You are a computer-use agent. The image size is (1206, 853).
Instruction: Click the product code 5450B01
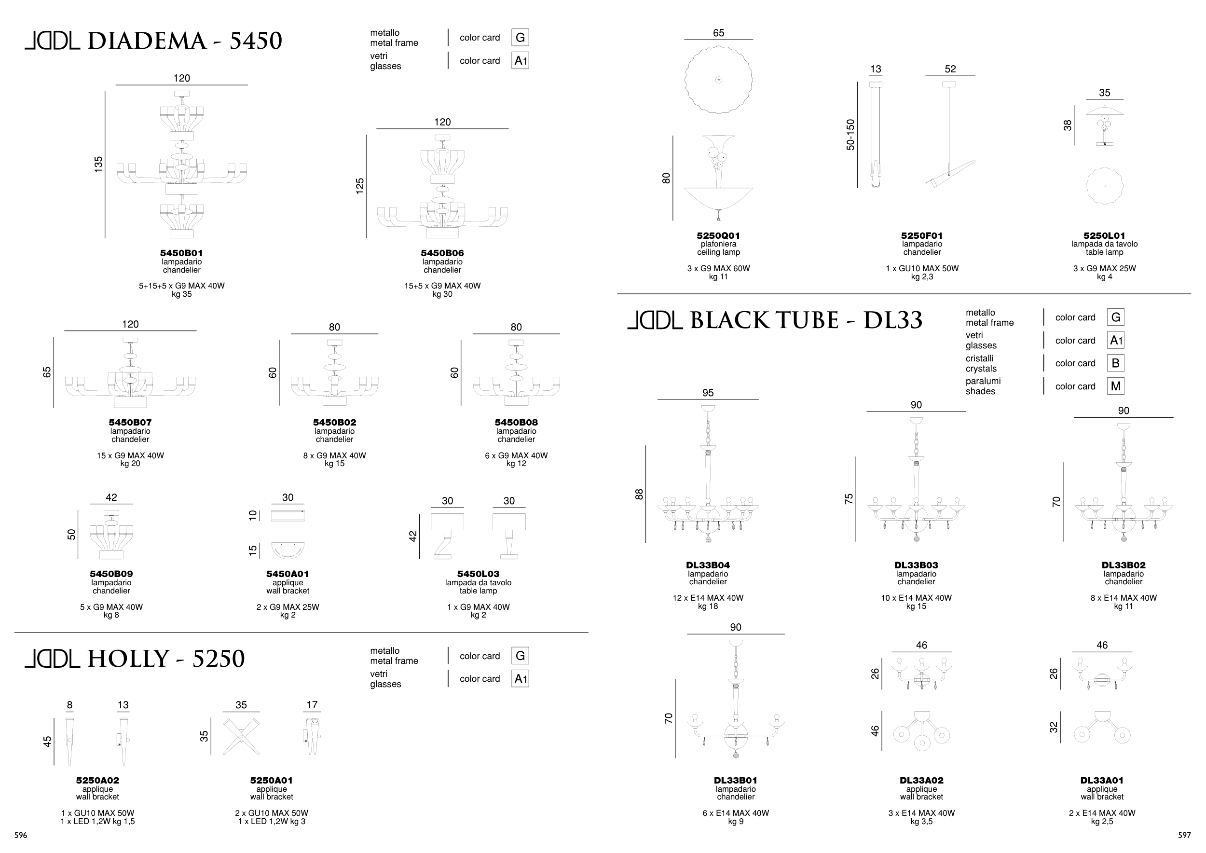pyautogui.click(x=182, y=253)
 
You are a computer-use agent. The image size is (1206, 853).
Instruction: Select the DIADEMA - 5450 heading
pyautogui.click(x=184, y=41)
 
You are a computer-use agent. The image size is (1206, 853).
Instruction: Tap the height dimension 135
pyautogui.click(x=98, y=165)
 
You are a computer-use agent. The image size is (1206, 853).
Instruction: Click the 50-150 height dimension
pyautogui.click(x=850, y=135)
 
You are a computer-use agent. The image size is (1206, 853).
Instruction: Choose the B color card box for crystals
pyautogui.click(x=1116, y=363)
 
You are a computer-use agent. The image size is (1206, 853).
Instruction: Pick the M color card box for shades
pyautogui.click(x=1116, y=386)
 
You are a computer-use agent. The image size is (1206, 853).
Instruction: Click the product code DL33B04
pyautogui.click(x=708, y=565)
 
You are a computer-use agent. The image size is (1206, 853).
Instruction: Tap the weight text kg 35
pyautogui.click(x=182, y=294)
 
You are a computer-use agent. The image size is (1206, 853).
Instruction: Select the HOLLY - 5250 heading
pyautogui.click(x=166, y=659)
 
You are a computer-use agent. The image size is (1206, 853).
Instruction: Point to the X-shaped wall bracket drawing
pyautogui.click(x=241, y=737)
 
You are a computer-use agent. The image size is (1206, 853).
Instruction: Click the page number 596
pyautogui.click(x=20, y=835)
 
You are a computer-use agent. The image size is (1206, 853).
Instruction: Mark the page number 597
pyautogui.click(x=1184, y=835)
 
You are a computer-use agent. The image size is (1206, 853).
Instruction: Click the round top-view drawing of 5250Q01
pyautogui.click(x=719, y=80)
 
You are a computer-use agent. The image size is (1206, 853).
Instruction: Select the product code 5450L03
pyautogui.click(x=478, y=574)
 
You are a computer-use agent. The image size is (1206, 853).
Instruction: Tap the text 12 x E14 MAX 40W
pyautogui.click(x=708, y=598)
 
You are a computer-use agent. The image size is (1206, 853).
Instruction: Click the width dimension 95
pyautogui.click(x=708, y=393)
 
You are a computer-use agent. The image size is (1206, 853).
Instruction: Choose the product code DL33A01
pyautogui.click(x=1102, y=781)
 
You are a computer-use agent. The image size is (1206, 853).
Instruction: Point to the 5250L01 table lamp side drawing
pyautogui.click(x=1105, y=125)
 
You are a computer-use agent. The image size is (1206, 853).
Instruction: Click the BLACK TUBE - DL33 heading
pyautogui.click(x=806, y=320)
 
